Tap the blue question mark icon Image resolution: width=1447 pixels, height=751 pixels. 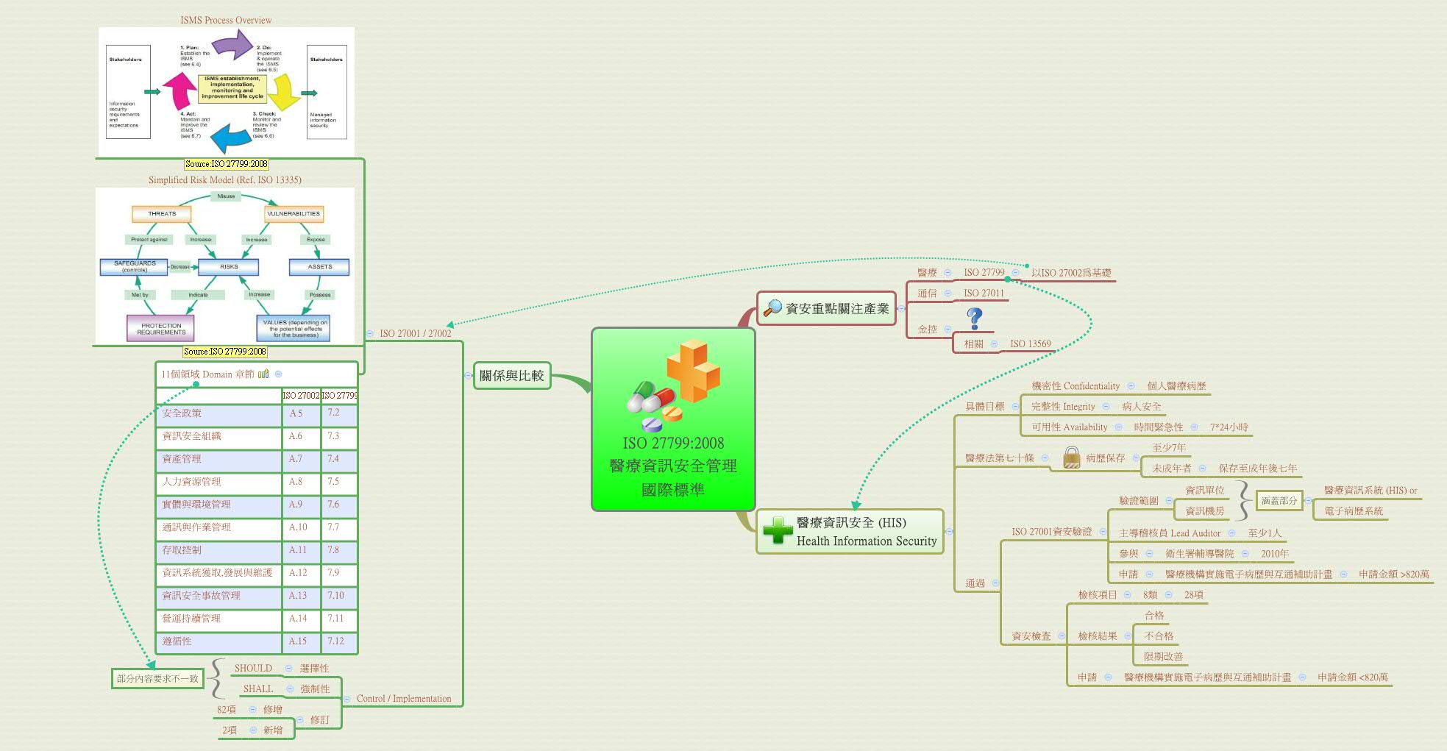(975, 318)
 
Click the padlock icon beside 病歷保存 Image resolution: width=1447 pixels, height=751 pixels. (1072, 458)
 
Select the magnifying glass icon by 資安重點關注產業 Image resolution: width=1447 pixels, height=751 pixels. (772, 308)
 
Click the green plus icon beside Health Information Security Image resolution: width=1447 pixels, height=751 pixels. (778, 530)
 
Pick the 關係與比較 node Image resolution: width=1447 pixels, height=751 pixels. (512, 375)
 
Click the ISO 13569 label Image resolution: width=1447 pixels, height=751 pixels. (1030, 344)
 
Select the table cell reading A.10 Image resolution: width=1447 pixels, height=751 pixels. (298, 527)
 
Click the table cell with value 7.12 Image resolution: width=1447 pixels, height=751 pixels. (336, 641)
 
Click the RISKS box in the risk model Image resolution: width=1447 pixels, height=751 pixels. (229, 266)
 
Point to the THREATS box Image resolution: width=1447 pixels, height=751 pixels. (162, 214)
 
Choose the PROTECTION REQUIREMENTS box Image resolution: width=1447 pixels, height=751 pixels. (161, 329)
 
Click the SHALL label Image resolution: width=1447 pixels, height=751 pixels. (257, 688)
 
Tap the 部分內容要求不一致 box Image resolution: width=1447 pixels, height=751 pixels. (157, 678)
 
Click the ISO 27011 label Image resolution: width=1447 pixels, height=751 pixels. (984, 293)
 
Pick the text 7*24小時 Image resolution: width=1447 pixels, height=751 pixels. (1229, 427)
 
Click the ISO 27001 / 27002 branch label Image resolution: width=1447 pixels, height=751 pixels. (415, 333)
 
